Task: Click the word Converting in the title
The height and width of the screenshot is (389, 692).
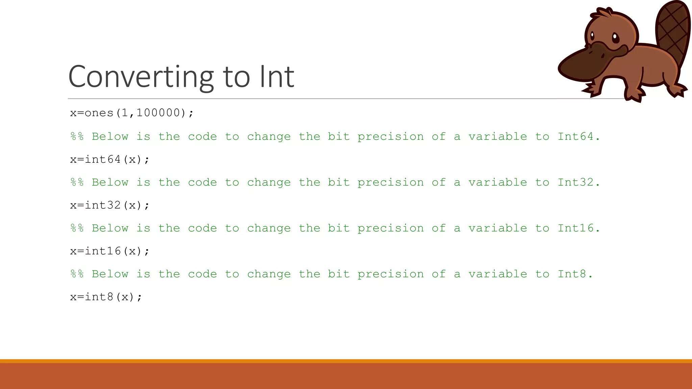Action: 141,77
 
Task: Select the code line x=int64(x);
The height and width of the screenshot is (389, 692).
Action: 109,159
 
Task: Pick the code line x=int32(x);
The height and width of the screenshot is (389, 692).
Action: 109,205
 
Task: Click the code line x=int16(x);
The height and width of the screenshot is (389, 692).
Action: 109,251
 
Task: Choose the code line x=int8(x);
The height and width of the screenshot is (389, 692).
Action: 106,297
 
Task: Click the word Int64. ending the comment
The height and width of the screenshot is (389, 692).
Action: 578,136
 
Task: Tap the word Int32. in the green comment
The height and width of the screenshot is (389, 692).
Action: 578,182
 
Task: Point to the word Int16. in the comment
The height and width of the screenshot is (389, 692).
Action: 578,228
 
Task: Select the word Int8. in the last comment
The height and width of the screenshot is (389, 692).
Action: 575,274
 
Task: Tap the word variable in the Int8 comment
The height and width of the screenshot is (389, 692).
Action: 497,274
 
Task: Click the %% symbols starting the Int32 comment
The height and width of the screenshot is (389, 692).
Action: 77,183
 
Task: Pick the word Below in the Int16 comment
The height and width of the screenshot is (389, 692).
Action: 110,228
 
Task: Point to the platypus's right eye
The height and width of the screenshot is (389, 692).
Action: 615,37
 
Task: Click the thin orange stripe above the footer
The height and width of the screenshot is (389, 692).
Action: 346,361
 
